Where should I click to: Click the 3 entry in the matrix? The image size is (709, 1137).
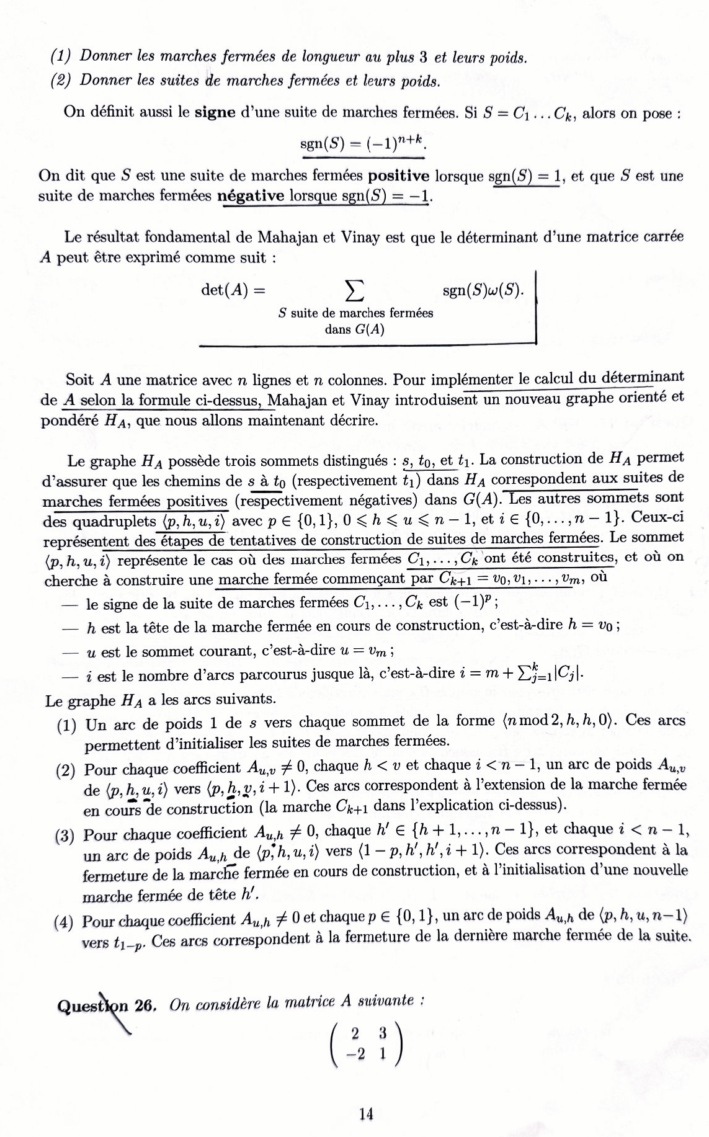(x=383, y=1033)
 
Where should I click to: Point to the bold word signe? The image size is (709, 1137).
(x=215, y=113)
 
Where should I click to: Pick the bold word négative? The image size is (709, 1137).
(x=251, y=196)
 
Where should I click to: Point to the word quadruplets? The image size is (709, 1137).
(x=114, y=520)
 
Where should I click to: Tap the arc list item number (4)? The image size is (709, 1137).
(x=64, y=922)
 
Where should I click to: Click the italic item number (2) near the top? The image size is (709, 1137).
(x=60, y=81)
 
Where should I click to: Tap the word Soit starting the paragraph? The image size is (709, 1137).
(x=79, y=380)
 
